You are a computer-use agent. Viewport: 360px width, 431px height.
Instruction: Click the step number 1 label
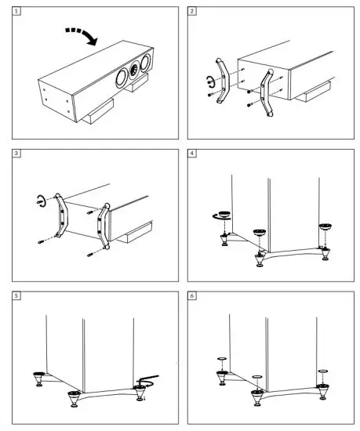(x=16, y=11)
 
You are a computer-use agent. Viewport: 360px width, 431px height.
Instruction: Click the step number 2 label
(x=191, y=11)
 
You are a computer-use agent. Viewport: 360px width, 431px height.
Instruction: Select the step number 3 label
(x=16, y=154)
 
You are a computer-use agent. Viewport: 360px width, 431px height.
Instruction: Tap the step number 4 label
(x=191, y=154)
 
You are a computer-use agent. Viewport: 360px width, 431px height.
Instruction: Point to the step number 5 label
(x=16, y=295)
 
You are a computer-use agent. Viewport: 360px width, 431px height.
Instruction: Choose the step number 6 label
(x=191, y=295)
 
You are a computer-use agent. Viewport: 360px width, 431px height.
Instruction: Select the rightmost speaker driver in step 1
(x=145, y=63)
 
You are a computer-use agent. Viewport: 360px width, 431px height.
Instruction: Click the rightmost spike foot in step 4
(x=325, y=254)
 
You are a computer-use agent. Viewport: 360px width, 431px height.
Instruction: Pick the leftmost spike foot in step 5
(x=38, y=379)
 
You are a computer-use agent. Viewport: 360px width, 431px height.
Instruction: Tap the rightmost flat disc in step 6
(x=323, y=371)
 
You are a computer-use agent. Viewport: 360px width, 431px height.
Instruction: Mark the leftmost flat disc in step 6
(x=222, y=359)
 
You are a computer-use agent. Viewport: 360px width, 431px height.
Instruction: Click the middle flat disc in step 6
(x=257, y=377)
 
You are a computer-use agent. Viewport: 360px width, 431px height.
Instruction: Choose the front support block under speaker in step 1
(x=98, y=111)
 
